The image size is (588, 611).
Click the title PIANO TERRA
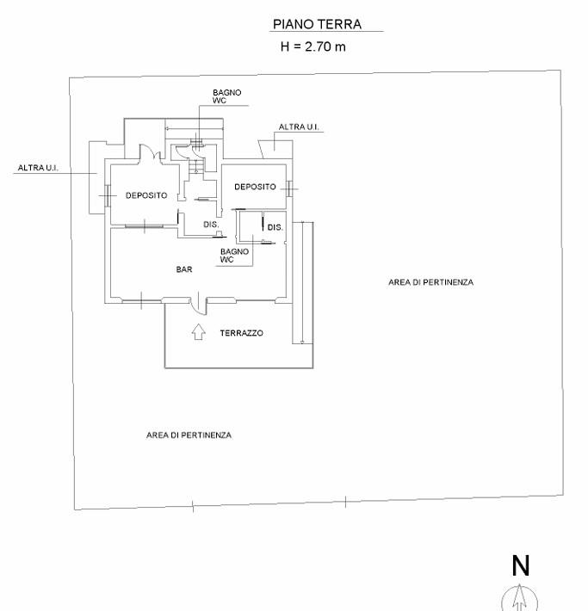317,25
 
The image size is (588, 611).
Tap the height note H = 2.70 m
313,46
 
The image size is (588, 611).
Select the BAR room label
184,269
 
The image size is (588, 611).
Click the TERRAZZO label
241,333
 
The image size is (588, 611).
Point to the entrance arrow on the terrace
200,331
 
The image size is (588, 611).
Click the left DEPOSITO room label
146,195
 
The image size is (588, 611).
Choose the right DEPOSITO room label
255,187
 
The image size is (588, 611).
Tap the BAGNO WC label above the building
227,96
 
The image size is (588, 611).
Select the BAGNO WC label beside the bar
234,255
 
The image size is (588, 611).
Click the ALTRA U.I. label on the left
38,168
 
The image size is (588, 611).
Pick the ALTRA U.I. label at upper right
299,127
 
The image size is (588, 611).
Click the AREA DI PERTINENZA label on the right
430,282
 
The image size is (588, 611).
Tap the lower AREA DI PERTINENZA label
189,435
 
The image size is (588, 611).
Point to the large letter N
520,565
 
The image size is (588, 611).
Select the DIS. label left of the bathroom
211,225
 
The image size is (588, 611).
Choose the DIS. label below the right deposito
275,227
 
